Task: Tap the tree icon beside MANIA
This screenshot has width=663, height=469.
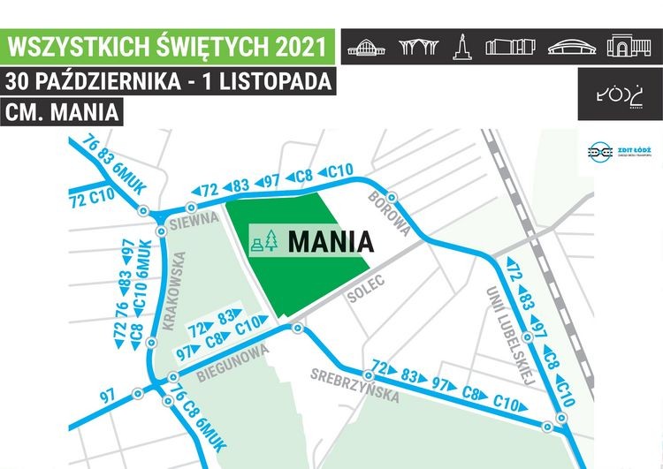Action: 271,241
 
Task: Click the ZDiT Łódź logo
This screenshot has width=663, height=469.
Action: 613,153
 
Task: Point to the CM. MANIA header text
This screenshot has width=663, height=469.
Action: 61,113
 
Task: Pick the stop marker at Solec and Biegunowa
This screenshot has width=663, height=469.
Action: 298,328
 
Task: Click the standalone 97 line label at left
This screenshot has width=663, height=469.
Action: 108,397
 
